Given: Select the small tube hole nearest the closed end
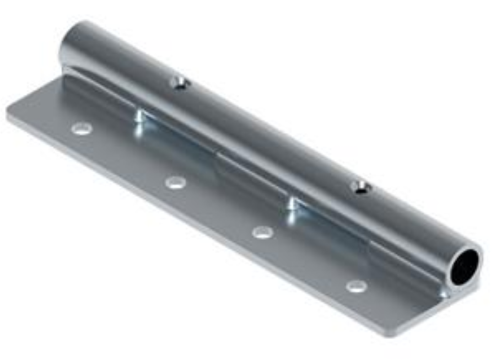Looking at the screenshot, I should [x=180, y=83].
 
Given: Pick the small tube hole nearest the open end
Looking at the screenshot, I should [x=361, y=188].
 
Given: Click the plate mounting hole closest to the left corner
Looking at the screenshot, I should [x=82, y=129].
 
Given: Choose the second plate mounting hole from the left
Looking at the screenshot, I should [x=175, y=182].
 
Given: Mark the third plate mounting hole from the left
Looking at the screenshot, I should [x=263, y=232].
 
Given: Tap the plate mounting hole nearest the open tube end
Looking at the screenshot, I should [x=357, y=286].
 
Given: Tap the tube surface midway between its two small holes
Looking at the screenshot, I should [x=270, y=136].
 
